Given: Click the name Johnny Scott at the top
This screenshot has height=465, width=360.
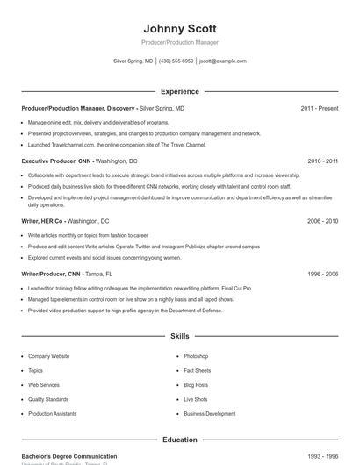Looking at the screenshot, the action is coord(179,28).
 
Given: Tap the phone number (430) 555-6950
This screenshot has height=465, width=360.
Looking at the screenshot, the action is coord(176,61).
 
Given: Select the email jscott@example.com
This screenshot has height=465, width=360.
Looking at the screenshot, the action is coord(223,61).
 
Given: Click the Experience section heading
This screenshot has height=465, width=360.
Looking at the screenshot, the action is coord(179,91).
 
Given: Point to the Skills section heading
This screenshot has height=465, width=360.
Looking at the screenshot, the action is coord(179,336).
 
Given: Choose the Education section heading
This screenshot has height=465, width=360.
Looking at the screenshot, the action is coord(179,440).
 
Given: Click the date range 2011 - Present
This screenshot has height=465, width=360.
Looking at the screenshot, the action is coord(319,108).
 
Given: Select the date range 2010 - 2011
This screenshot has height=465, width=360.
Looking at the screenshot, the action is coord(322,161).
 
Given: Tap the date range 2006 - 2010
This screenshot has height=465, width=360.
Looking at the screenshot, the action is coord(322,221).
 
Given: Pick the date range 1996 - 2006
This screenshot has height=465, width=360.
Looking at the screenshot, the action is coord(322,274).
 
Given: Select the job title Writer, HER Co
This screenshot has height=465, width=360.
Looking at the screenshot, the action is coord(42,221).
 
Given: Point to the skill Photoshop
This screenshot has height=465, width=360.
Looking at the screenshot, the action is coord(196,356).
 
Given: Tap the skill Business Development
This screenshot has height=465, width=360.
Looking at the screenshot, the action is coord(209,413).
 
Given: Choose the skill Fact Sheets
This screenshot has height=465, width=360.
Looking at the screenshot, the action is coord(197,370).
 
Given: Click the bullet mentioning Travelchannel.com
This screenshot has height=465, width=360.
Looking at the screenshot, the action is coord(117,145).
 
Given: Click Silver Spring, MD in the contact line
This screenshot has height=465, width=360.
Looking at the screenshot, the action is coord(133,61).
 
